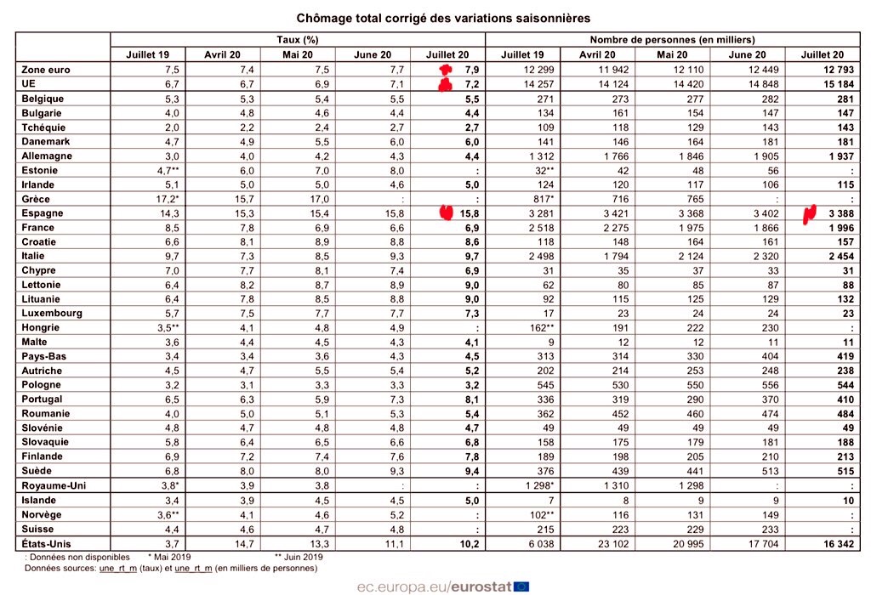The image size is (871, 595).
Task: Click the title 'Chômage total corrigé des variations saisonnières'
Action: pos(442,17)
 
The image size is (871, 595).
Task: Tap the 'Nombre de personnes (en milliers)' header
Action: pos(672,40)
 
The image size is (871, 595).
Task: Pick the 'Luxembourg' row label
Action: pos(54,313)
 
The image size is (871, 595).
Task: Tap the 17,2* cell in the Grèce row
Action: pos(149,199)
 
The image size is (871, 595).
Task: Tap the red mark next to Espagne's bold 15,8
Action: pos(444,212)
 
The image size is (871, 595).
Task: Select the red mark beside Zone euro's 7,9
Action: pos(443,68)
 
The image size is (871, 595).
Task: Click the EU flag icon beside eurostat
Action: pos(521,585)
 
